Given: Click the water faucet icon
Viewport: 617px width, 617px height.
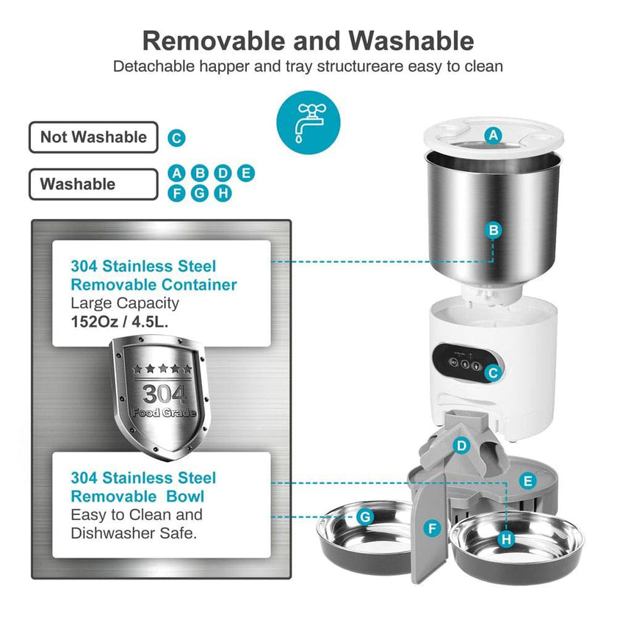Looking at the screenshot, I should (308, 122).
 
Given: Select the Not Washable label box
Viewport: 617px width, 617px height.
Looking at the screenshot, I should (93, 137).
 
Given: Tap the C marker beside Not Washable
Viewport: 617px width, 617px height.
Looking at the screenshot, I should (176, 137).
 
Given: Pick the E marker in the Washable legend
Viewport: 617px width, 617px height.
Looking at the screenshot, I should (247, 173).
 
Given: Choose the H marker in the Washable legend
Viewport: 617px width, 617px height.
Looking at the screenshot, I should (223, 193).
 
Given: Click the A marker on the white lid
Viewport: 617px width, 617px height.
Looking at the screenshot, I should (494, 134).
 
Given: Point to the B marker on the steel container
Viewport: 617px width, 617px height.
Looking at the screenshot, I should (494, 231).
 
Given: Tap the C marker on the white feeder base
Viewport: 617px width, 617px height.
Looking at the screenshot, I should (493, 372).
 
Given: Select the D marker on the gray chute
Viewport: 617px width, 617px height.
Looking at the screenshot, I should (461, 445).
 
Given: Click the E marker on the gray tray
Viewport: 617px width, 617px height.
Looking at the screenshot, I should (526, 482).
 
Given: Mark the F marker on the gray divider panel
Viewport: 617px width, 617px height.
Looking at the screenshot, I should (432, 527).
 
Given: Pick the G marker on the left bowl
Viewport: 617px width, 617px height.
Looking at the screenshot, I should (365, 517).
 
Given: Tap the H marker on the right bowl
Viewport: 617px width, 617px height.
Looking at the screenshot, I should (505, 539).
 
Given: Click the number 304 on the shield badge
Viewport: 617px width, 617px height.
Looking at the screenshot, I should (159, 394).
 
